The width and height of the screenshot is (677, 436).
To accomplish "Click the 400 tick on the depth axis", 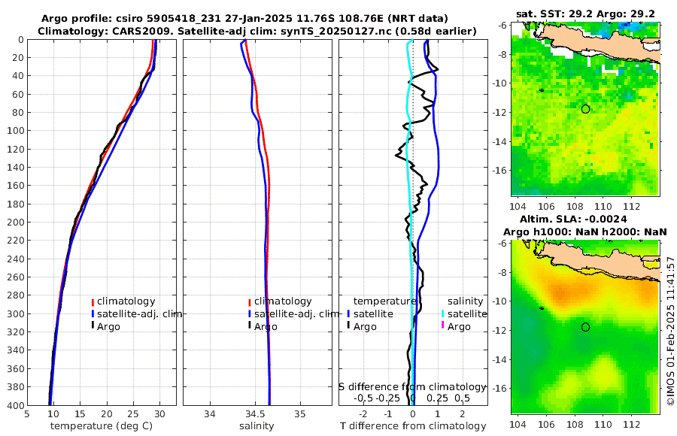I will click(x=14, y=405).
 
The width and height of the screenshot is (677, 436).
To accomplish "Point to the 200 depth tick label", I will click(x=14, y=222).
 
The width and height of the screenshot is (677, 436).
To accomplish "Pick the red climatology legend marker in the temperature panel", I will click(x=93, y=301).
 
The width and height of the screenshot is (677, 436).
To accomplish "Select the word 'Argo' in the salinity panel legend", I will click(x=266, y=326).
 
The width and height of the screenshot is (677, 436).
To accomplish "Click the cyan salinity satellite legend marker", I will click(x=443, y=313).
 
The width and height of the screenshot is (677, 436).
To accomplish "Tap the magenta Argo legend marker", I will click(x=443, y=326).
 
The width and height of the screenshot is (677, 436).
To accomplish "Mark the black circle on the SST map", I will click(x=585, y=109).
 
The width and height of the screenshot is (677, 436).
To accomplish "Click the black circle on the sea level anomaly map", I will click(x=585, y=327).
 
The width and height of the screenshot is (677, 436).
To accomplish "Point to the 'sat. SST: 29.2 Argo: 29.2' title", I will click(x=584, y=14).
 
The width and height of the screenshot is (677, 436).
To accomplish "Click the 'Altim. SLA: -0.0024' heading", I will click(x=584, y=220).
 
